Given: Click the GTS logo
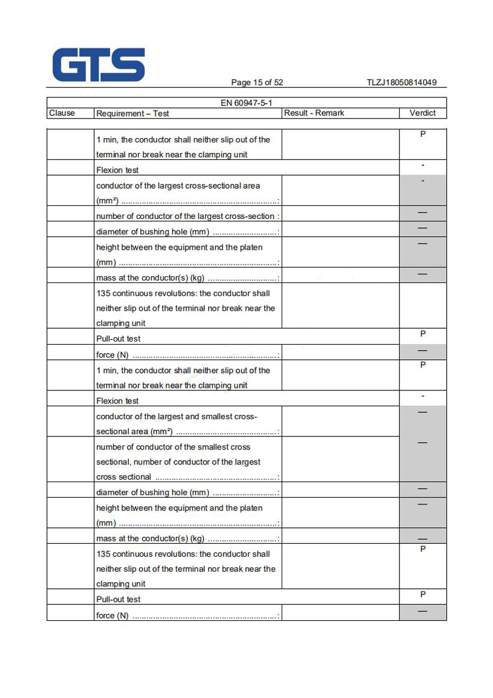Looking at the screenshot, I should tap(99, 65).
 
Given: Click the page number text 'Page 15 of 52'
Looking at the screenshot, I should tap(257, 83).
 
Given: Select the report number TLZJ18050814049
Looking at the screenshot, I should tap(402, 83).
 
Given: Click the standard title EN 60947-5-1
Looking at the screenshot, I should tap(246, 103).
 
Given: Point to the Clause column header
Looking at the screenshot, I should tap(62, 113).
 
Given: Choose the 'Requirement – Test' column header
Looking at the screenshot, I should tap(132, 113).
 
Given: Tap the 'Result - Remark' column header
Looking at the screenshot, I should tap(314, 113).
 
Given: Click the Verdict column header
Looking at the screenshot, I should tap(423, 113).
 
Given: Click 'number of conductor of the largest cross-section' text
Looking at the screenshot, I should tap(185, 216).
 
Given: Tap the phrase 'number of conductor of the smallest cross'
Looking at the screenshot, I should tap(173, 447).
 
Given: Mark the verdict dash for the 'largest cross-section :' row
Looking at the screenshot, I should tap(423, 213).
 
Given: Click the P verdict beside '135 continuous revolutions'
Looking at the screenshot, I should tap(423, 549).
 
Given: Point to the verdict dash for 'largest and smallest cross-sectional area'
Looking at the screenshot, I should tap(423, 412).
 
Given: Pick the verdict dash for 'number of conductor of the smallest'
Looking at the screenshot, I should tap(423, 443).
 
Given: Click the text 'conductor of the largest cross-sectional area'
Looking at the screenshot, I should tap(178, 186).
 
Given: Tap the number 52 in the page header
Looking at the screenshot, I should tap(278, 83).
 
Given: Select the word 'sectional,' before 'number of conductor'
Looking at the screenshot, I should tap(113, 462).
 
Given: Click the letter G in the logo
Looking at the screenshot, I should tap(70, 65).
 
